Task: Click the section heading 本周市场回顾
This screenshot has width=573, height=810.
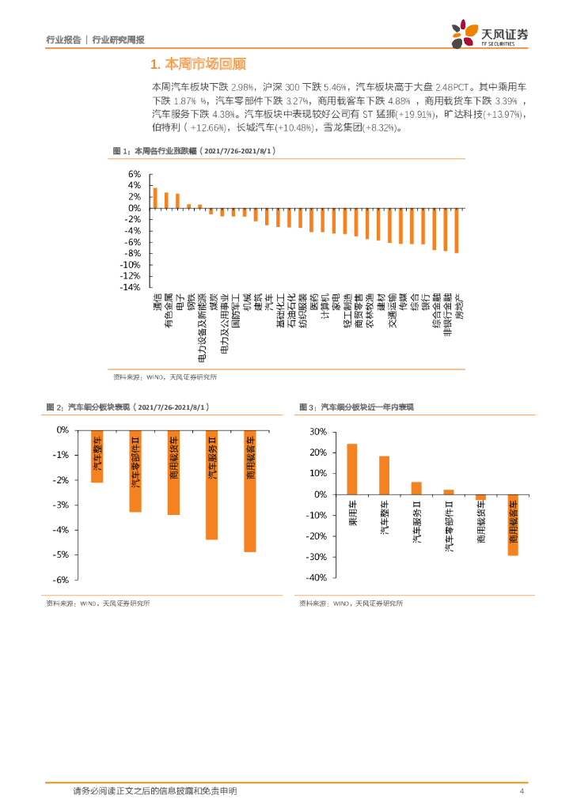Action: click(x=193, y=63)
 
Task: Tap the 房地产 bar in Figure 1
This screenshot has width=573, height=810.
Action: click(x=457, y=230)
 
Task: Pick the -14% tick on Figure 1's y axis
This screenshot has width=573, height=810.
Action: click(x=130, y=288)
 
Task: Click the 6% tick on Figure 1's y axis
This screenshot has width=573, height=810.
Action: click(x=134, y=174)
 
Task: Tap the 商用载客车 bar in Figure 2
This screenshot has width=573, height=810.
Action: click(x=250, y=491)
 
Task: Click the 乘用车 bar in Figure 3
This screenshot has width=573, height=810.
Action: click(x=352, y=469)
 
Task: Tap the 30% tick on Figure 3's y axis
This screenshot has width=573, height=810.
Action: click(x=318, y=432)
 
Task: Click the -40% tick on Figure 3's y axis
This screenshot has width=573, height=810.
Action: click(x=316, y=578)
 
